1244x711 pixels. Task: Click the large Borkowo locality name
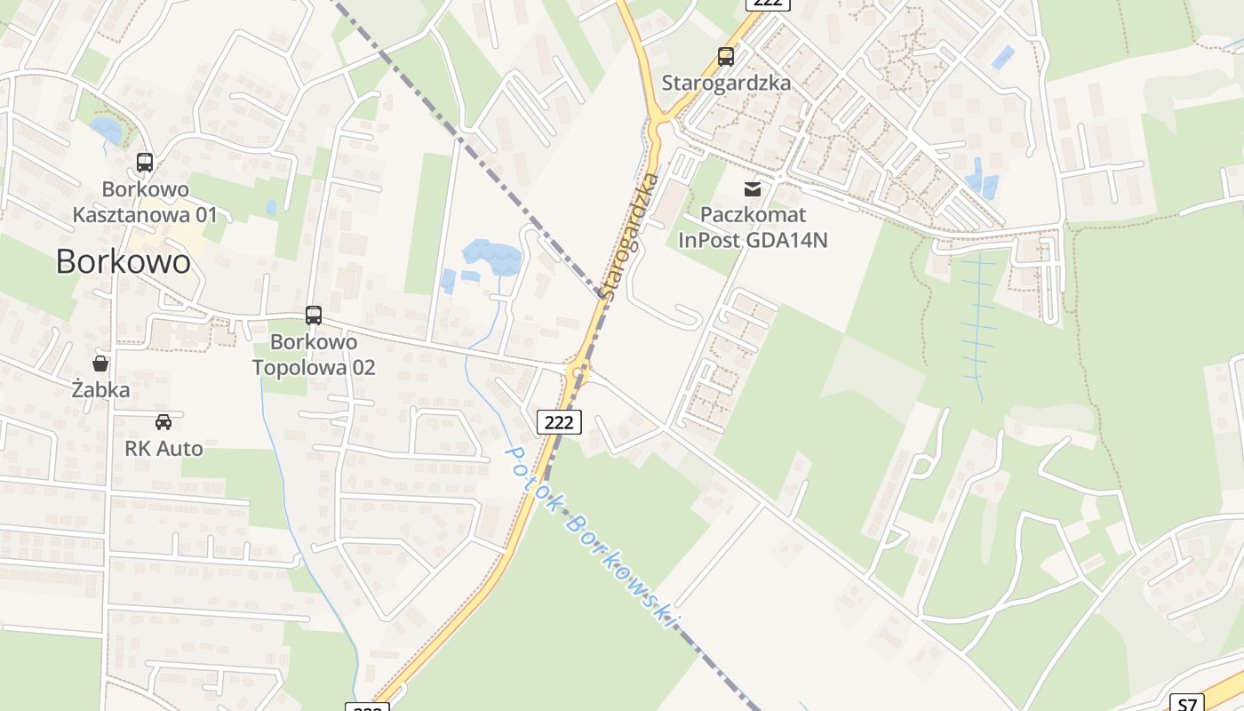pos(123,261)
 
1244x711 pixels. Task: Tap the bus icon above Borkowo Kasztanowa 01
pos(145,163)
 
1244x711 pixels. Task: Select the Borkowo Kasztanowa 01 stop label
pos(145,202)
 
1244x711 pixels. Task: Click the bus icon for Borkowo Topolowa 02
pos(314,316)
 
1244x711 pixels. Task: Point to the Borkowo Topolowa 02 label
pos(314,355)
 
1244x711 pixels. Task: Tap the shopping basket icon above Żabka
pos(100,363)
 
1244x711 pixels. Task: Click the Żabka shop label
pos(100,390)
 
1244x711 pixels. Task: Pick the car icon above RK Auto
pos(163,422)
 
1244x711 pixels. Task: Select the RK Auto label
pos(163,449)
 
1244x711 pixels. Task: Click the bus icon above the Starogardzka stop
pos(726,57)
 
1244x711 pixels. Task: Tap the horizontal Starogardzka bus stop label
pos(726,84)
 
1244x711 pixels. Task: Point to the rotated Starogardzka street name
pos(630,236)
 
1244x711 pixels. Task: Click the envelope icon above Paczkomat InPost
pos(753,188)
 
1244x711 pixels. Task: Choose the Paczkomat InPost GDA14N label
pos(753,228)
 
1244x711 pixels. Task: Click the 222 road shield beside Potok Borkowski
pos(559,422)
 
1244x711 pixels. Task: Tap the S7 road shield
pos(1187,704)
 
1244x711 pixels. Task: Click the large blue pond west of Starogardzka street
pos(491,257)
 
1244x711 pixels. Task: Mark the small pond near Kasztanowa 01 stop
pos(107,131)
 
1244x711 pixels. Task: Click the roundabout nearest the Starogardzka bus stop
pos(658,123)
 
